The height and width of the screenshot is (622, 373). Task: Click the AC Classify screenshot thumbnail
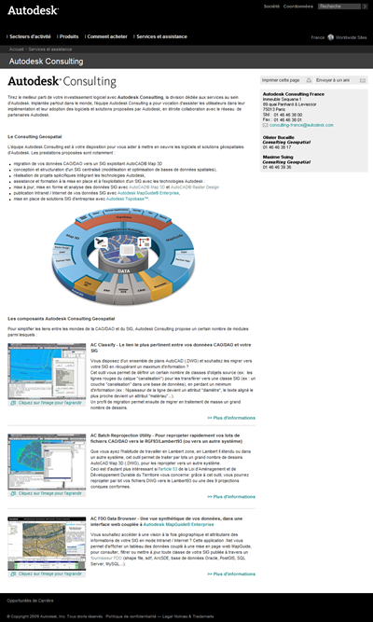[x=46, y=377]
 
